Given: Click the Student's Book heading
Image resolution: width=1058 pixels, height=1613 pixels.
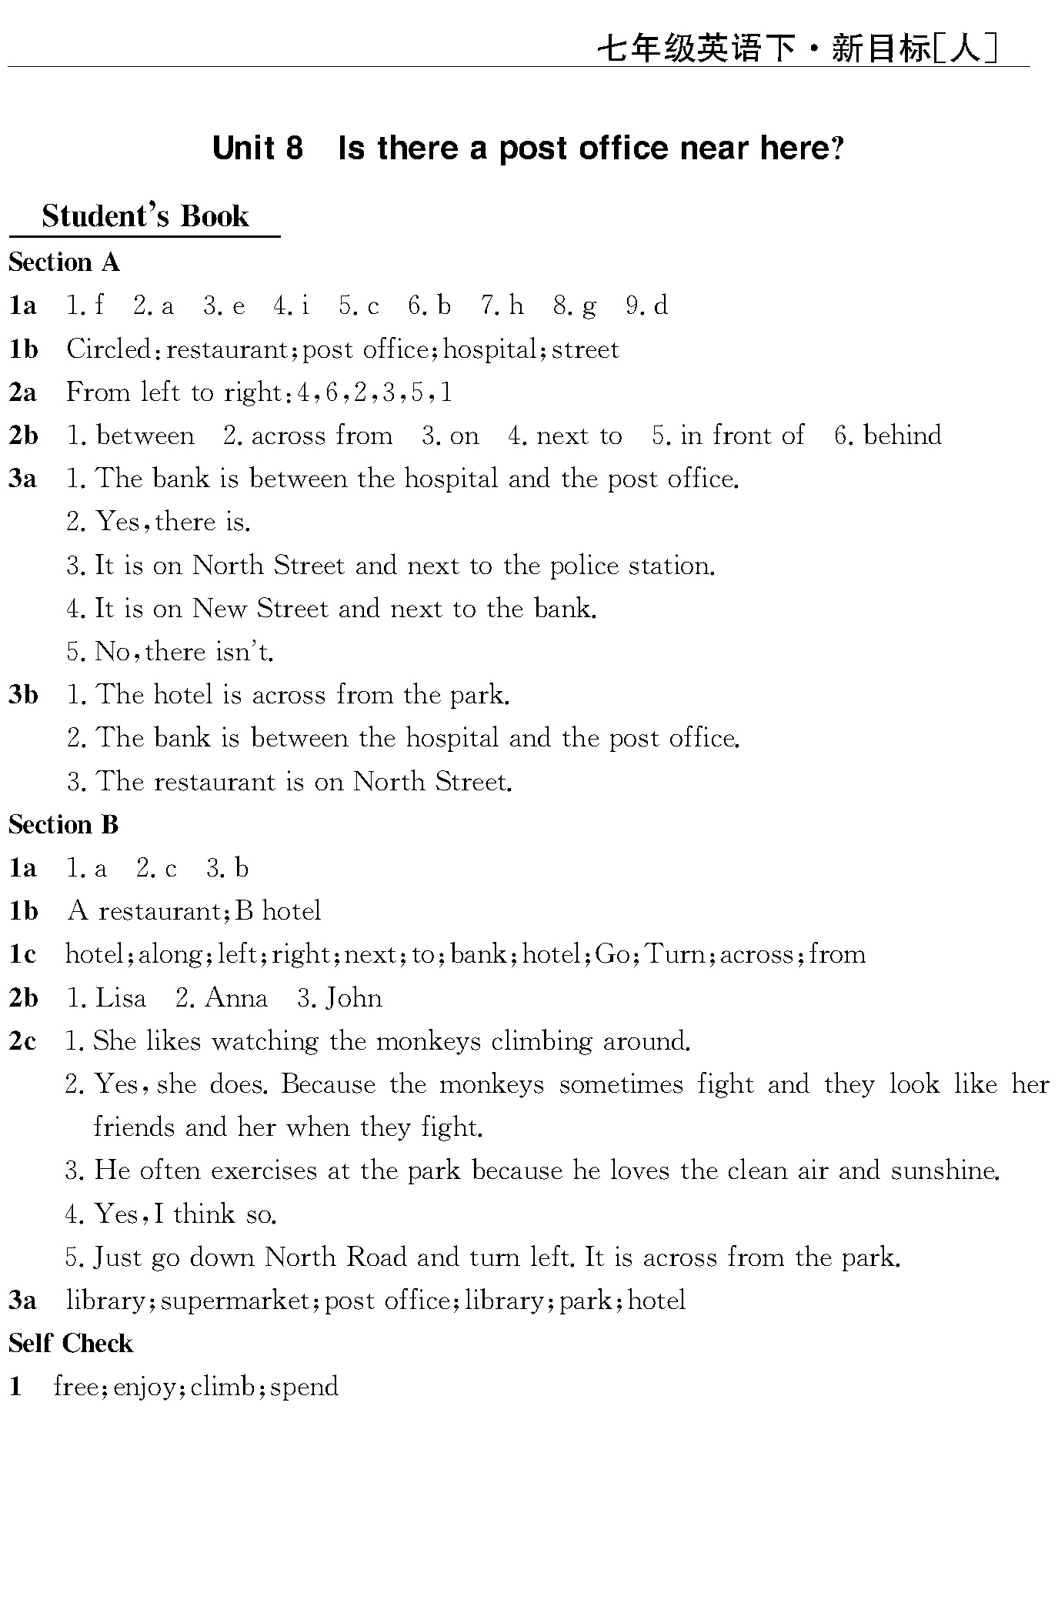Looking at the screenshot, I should point(145,216).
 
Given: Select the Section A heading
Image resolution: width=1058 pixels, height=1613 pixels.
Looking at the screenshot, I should point(65,262).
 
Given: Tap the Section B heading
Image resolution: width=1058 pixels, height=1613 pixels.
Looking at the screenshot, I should point(64,825).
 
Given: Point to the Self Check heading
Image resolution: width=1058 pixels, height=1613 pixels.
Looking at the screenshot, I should point(71,1344).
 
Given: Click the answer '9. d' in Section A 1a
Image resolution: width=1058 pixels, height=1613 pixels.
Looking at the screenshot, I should point(647,306).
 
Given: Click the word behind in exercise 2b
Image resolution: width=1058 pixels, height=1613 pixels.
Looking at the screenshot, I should point(903,436).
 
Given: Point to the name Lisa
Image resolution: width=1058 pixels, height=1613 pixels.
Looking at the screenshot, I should point(120,998).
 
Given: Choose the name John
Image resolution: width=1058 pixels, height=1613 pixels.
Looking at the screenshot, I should point(353,998).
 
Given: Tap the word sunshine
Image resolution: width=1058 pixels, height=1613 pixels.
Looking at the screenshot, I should point(945,1171).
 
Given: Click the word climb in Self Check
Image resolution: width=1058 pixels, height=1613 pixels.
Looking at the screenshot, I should point(222,1387).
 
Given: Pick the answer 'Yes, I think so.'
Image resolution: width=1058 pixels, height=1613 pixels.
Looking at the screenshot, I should point(185,1214).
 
